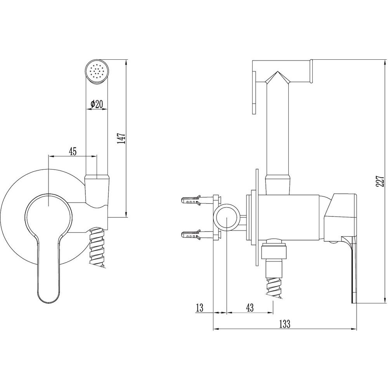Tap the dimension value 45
(73, 151)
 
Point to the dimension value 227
(380, 181)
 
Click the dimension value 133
(285, 324)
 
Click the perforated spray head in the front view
(97, 71)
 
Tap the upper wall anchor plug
(191, 200)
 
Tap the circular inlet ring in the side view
(227, 218)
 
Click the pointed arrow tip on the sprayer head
(277, 72)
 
